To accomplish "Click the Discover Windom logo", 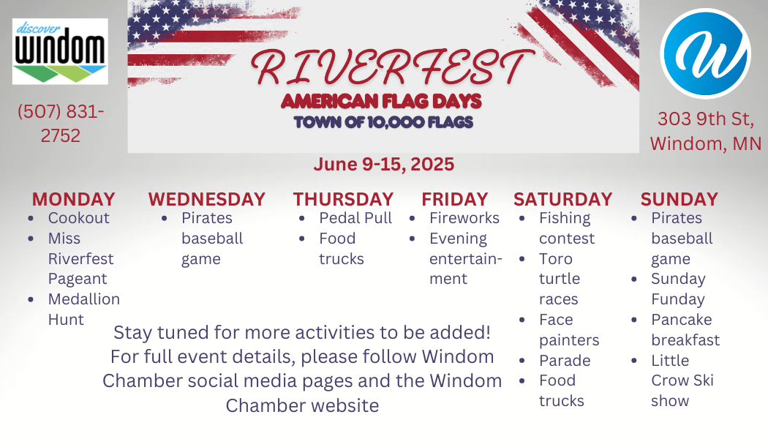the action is click(x=60, y=51).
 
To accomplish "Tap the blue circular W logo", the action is click(x=705, y=53).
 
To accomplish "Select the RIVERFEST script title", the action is click(x=392, y=67).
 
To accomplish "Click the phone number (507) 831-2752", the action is click(x=60, y=123).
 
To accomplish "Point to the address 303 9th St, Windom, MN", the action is click(x=706, y=131).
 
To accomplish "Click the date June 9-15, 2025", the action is click(x=384, y=164).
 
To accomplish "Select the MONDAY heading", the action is click(x=73, y=200).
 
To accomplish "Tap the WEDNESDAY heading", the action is click(x=207, y=200).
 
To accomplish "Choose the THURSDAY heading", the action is click(x=343, y=200).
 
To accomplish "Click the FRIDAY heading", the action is click(x=454, y=200).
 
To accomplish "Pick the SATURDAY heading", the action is click(x=562, y=200).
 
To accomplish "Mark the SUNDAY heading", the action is click(x=679, y=200).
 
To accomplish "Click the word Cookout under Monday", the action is click(x=78, y=218).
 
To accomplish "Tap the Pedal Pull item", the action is click(x=355, y=218).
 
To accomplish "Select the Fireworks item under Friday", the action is click(x=464, y=218).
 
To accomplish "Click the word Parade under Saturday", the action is click(x=565, y=361).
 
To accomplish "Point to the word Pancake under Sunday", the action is click(x=681, y=320).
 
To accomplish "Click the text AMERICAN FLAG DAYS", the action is click(x=382, y=102).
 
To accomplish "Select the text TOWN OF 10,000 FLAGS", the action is click(x=383, y=122).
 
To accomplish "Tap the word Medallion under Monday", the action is click(x=84, y=299).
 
